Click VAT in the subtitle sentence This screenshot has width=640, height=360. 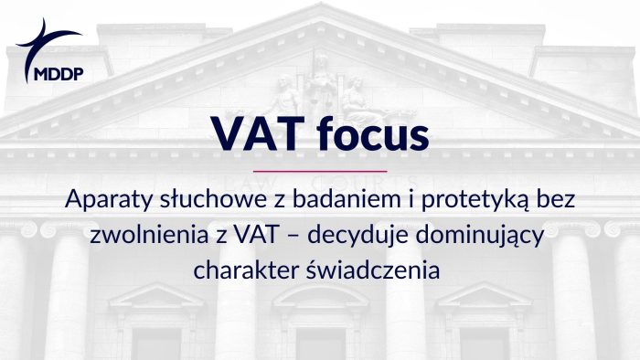[255, 235]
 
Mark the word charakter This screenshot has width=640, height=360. [239, 270]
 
